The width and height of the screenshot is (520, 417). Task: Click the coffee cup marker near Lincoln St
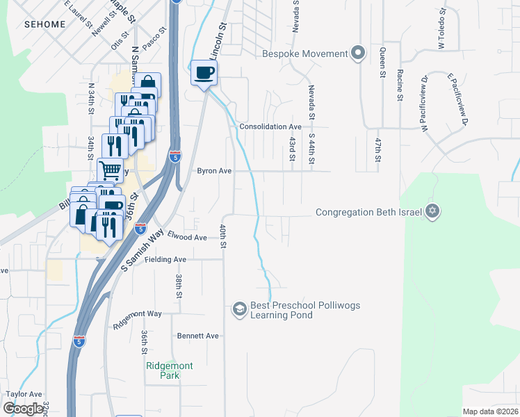pyautogui.click(x=204, y=72)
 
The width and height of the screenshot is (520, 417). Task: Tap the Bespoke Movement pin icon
pyautogui.click(x=358, y=54)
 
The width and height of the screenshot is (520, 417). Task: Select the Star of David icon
pyautogui.click(x=432, y=211)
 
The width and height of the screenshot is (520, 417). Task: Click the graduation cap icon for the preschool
pyautogui.click(x=239, y=309)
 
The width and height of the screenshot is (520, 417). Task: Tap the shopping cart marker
pyautogui.click(x=111, y=169)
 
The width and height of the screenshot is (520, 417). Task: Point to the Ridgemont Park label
pyautogui.click(x=169, y=370)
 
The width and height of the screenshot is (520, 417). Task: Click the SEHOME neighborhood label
pyautogui.click(x=44, y=24)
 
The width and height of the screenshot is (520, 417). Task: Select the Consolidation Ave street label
pyautogui.click(x=270, y=127)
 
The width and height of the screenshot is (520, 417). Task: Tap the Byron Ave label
pyautogui.click(x=213, y=170)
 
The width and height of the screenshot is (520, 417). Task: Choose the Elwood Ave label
pyautogui.click(x=187, y=237)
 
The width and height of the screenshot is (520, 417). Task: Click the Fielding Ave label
pyautogui.click(x=165, y=259)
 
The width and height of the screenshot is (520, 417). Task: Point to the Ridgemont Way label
pyautogui.click(x=137, y=314)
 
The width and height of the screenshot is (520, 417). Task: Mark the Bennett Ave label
pyautogui.click(x=197, y=336)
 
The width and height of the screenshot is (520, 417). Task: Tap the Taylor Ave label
pyautogui.click(x=24, y=393)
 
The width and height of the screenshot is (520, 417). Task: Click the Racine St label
pyautogui.click(x=400, y=85)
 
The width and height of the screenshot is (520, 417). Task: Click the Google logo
pyautogui.click(x=23, y=409)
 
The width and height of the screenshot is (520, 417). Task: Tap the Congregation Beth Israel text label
pyautogui.click(x=368, y=212)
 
